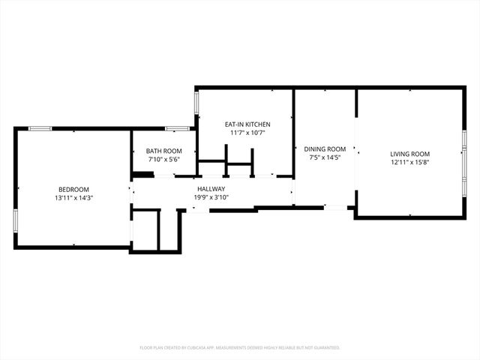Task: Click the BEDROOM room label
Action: (73, 189)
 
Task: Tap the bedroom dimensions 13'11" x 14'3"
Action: (73, 198)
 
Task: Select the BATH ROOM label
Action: (163, 151)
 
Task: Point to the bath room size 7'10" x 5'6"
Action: (163, 160)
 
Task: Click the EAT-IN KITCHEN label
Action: (247, 124)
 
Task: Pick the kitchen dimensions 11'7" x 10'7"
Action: (247, 133)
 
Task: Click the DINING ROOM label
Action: (325, 149)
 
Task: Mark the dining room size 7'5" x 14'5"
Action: (325, 158)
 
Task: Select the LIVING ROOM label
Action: (409, 154)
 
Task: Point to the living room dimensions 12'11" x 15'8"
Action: (409, 163)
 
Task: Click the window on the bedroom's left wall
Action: (15, 220)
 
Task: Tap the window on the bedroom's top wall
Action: (40, 128)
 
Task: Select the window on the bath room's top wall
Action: (177, 128)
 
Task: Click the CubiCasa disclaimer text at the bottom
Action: (240, 348)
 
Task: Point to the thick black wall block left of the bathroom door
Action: (142, 175)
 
